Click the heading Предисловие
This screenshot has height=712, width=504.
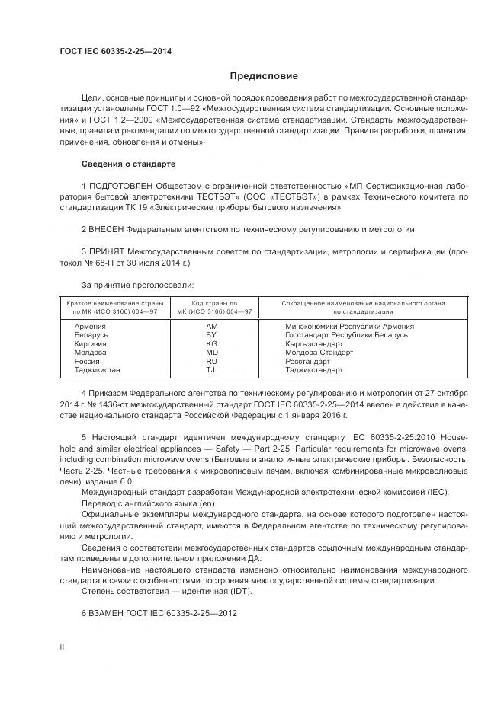[x=263, y=76]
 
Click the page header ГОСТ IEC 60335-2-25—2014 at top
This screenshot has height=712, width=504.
[x=115, y=52]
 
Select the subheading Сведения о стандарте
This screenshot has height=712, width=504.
[x=128, y=164]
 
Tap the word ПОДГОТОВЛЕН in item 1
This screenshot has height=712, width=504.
[x=121, y=186]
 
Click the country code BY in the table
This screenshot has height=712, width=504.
[x=212, y=334]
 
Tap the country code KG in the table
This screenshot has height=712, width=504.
[x=212, y=343]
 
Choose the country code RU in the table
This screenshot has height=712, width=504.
[x=212, y=361]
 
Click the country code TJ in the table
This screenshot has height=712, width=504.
[x=211, y=370]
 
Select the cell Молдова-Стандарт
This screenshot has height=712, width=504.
[x=319, y=353]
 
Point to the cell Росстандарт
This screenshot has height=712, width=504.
[x=307, y=361]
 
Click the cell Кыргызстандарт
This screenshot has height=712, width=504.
[x=313, y=343]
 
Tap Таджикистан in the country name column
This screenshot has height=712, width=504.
[x=97, y=370]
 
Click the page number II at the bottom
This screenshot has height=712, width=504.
[x=62, y=646]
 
